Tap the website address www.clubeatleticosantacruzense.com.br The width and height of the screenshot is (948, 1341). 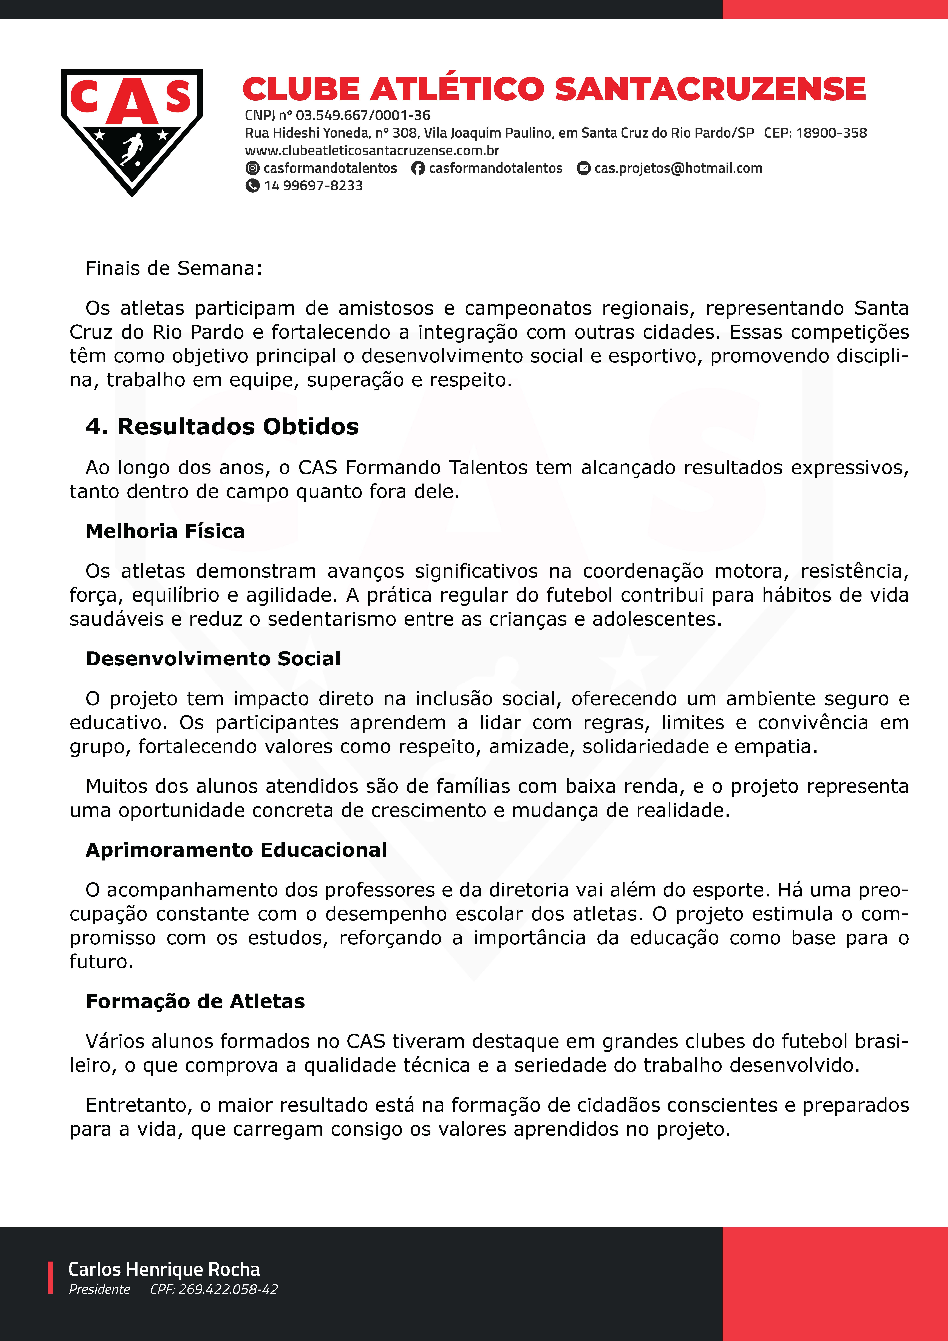(x=372, y=151)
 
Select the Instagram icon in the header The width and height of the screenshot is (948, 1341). (x=252, y=168)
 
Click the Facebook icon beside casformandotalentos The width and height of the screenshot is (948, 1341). (x=418, y=168)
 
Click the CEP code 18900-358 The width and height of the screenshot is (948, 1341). (x=831, y=133)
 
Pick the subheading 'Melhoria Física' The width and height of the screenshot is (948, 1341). (x=165, y=531)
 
